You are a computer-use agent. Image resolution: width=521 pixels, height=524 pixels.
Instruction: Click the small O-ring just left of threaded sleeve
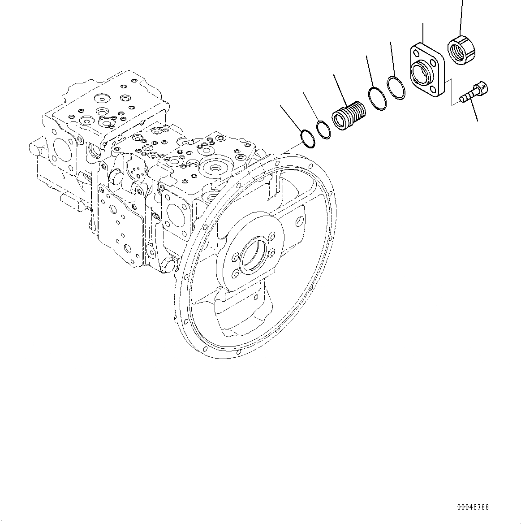pyautogui.click(x=323, y=130)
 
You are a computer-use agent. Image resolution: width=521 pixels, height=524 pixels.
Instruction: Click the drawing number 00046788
pyautogui.click(x=473, y=507)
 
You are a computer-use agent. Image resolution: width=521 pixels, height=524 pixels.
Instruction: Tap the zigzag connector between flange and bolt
pyautogui.click(x=452, y=92)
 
